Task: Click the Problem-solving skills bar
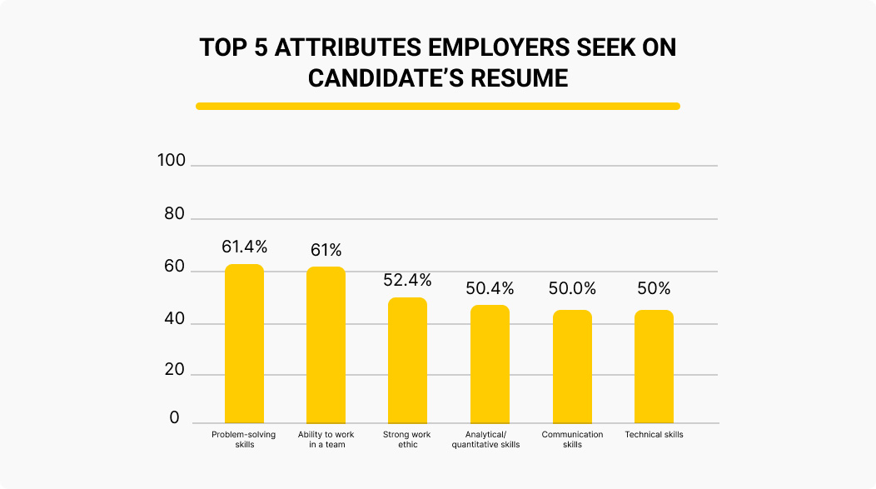[x=244, y=343]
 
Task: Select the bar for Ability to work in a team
[x=326, y=345]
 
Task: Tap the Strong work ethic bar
[x=407, y=360]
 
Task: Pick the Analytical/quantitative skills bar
[x=490, y=364]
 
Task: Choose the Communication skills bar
[x=572, y=367]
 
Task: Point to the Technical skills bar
[x=654, y=367]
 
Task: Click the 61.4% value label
[x=244, y=247]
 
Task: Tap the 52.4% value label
[x=407, y=280]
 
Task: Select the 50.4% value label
[x=490, y=289]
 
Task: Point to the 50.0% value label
[x=572, y=289]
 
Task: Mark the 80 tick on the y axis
[x=174, y=213]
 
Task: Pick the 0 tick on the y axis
[x=175, y=417]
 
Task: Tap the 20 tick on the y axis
[x=174, y=370]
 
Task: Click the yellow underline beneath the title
[x=438, y=106]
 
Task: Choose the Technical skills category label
[x=654, y=435]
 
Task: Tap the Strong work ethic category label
[x=407, y=439]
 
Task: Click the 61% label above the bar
[x=326, y=250]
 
